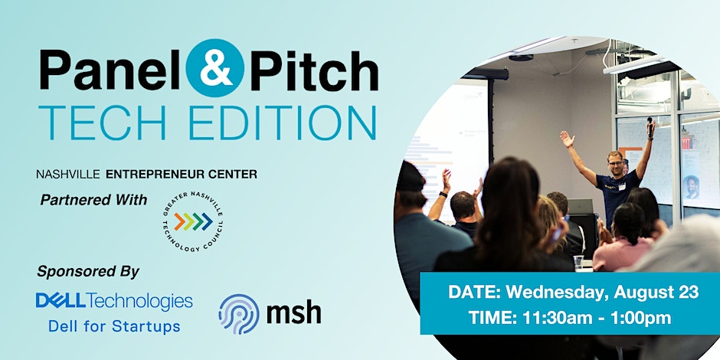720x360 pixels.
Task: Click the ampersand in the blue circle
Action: coord(215,68)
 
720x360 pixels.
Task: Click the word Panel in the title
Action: coord(111,70)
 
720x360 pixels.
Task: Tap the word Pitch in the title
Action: coord(314,70)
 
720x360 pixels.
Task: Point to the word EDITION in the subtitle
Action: coord(283,123)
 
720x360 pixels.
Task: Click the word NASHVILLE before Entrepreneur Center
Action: coord(68,174)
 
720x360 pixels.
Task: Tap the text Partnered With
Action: coord(93,200)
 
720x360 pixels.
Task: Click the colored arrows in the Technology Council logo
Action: coord(193,221)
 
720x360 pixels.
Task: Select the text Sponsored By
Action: coord(88,272)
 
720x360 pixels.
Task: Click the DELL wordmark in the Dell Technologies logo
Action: coord(61,301)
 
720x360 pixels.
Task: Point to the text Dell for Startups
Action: coord(114,326)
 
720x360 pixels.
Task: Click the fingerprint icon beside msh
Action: coord(239,313)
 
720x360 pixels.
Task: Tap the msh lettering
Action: coord(293,313)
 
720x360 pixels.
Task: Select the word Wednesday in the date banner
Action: coord(558,293)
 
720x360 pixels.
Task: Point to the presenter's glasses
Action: coord(616,162)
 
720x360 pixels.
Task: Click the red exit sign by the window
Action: coord(687,142)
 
